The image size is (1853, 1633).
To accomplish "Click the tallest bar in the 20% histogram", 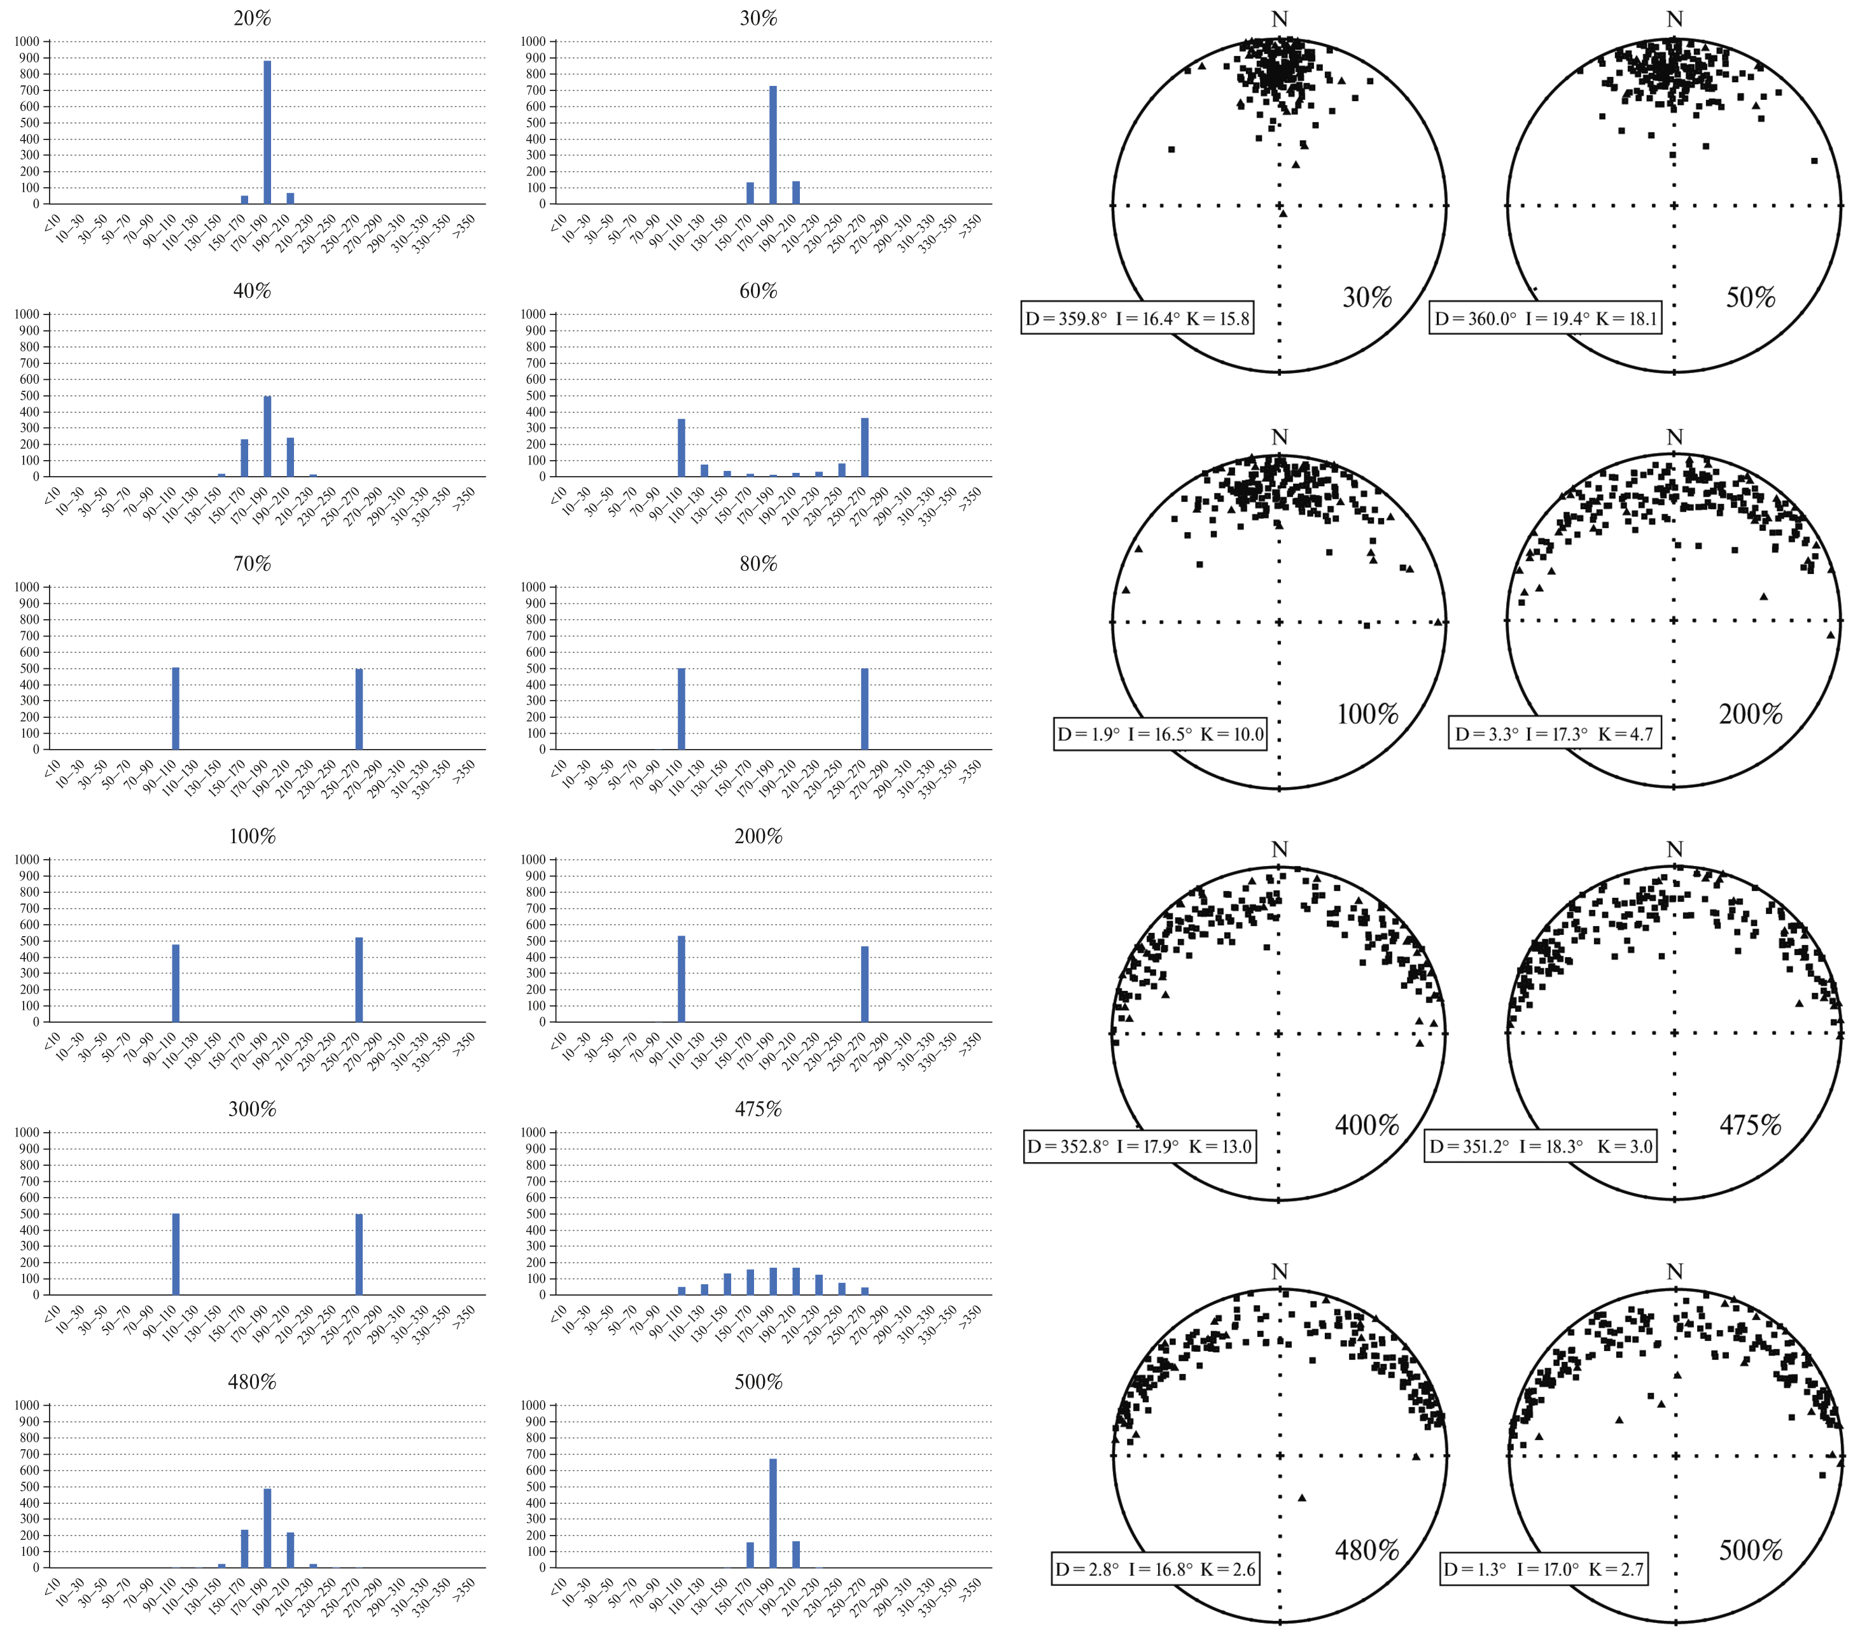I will click(x=267, y=132).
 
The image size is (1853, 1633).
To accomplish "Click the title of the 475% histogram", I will click(x=758, y=1109).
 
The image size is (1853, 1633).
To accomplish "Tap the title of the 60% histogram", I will click(x=758, y=291).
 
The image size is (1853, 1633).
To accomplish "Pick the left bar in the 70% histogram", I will click(x=176, y=708).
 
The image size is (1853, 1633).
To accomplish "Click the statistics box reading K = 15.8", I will click(x=1137, y=318).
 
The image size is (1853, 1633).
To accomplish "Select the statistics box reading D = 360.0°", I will click(x=1545, y=318).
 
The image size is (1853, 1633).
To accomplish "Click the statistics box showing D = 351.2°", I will click(x=1540, y=1146).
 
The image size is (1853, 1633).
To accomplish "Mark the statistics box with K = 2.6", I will click(x=1155, y=1569).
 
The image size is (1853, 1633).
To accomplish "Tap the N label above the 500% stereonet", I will click(x=1674, y=1272).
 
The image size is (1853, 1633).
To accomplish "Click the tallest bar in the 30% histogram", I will click(x=773, y=145).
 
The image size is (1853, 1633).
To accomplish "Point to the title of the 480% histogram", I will click(x=252, y=1382).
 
